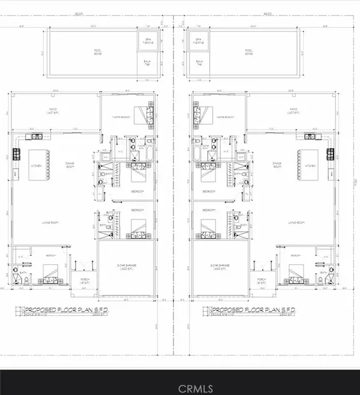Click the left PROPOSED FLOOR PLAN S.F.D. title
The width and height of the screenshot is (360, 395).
[65, 310]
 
